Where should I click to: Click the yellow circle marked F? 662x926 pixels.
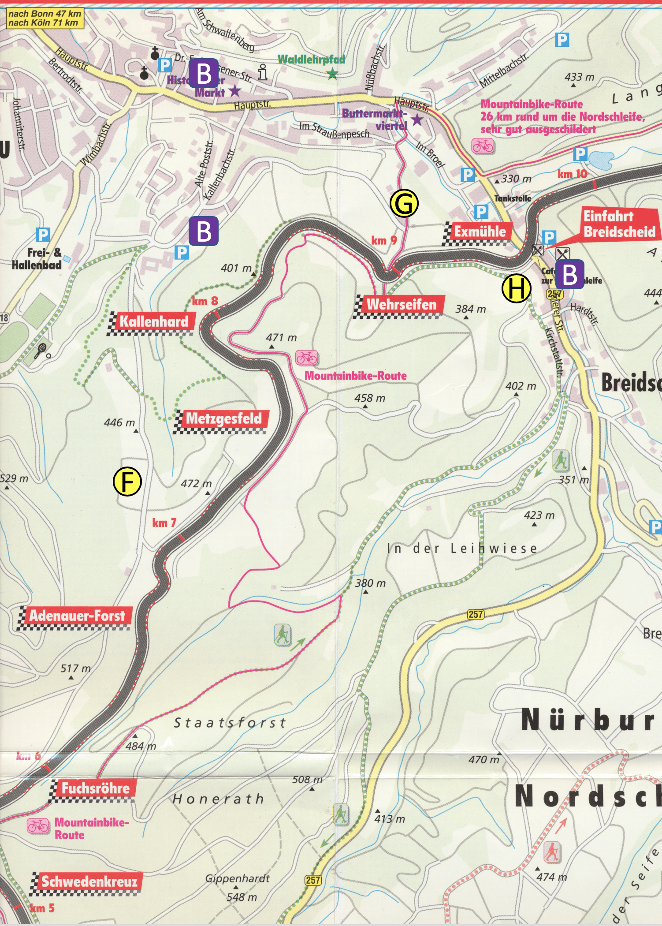coord(127,482)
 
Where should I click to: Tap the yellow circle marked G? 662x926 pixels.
coord(404,203)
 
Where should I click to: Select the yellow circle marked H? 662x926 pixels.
coord(516,288)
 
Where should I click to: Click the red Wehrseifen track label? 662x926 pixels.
coord(401,304)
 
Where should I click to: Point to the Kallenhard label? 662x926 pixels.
coord(153,321)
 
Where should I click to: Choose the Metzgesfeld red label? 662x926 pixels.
coord(223,418)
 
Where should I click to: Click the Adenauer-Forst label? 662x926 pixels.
coord(77,615)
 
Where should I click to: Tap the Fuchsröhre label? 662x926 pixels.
coord(95,788)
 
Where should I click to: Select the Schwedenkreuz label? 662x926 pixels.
coord(89,881)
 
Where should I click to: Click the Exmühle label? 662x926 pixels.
coord(480,231)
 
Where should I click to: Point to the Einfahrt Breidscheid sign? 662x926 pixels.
coord(619,224)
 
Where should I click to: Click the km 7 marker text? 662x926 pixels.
coord(164,523)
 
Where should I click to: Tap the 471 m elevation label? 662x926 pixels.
coord(281,337)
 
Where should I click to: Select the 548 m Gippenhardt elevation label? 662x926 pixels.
coord(242,897)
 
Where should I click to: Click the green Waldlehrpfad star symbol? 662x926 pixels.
coord(332,74)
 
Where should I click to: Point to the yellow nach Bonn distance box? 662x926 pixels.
coord(45,19)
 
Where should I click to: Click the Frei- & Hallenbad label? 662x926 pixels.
coord(37,258)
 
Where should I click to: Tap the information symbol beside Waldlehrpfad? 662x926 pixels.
coord(263,72)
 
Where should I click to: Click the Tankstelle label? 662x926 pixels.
coord(513,198)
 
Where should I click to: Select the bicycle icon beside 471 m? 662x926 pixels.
coord(307,357)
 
